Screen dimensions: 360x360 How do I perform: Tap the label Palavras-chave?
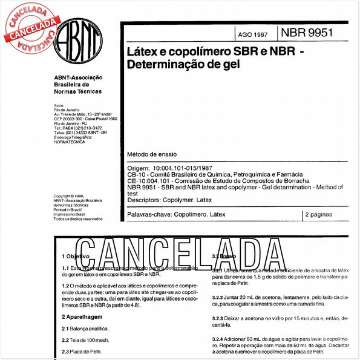point(148,214)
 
